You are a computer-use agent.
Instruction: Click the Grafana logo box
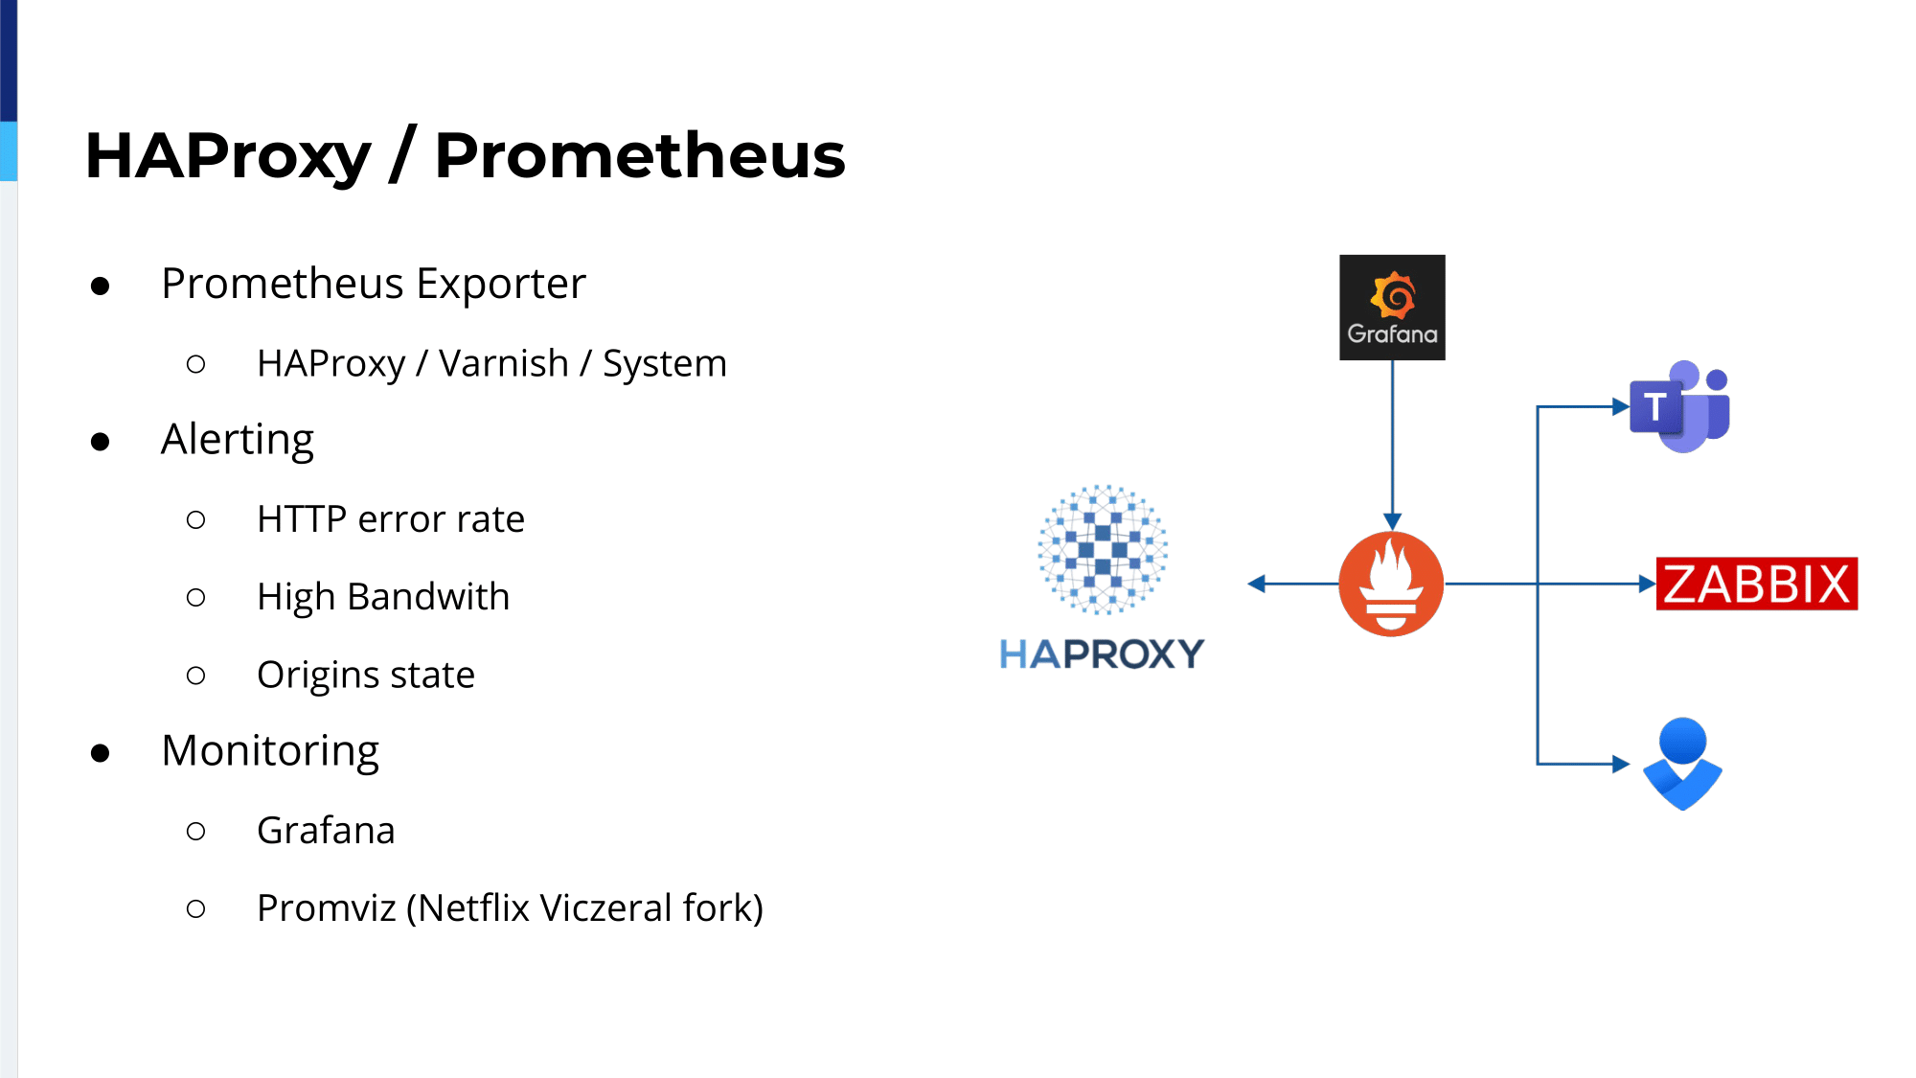coord(1392,308)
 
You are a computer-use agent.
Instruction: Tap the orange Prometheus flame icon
coord(1391,584)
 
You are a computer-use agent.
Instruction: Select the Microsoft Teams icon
coord(1681,406)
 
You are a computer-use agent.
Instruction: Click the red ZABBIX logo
coord(1756,584)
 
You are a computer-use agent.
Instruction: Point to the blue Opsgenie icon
coord(1682,764)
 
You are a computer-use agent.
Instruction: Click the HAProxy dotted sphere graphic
coord(1103,549)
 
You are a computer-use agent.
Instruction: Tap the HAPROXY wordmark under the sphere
coord(1102,654)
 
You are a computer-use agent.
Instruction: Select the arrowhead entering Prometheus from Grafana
coord(1392,521)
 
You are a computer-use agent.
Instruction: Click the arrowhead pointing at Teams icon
coord(1621,407)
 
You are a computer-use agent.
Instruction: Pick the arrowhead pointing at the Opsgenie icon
coord(1621,764)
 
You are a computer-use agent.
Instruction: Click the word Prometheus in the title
coord(640,155)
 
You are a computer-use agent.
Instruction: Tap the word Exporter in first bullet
coord(500,284)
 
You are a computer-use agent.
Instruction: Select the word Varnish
coord(504,364)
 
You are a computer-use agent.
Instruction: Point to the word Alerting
coord(238,440)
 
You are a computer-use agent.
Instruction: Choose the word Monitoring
coord(270,751)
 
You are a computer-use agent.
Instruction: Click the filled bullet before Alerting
coord(101,442)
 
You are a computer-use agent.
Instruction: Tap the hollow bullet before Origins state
coord(196,676)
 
